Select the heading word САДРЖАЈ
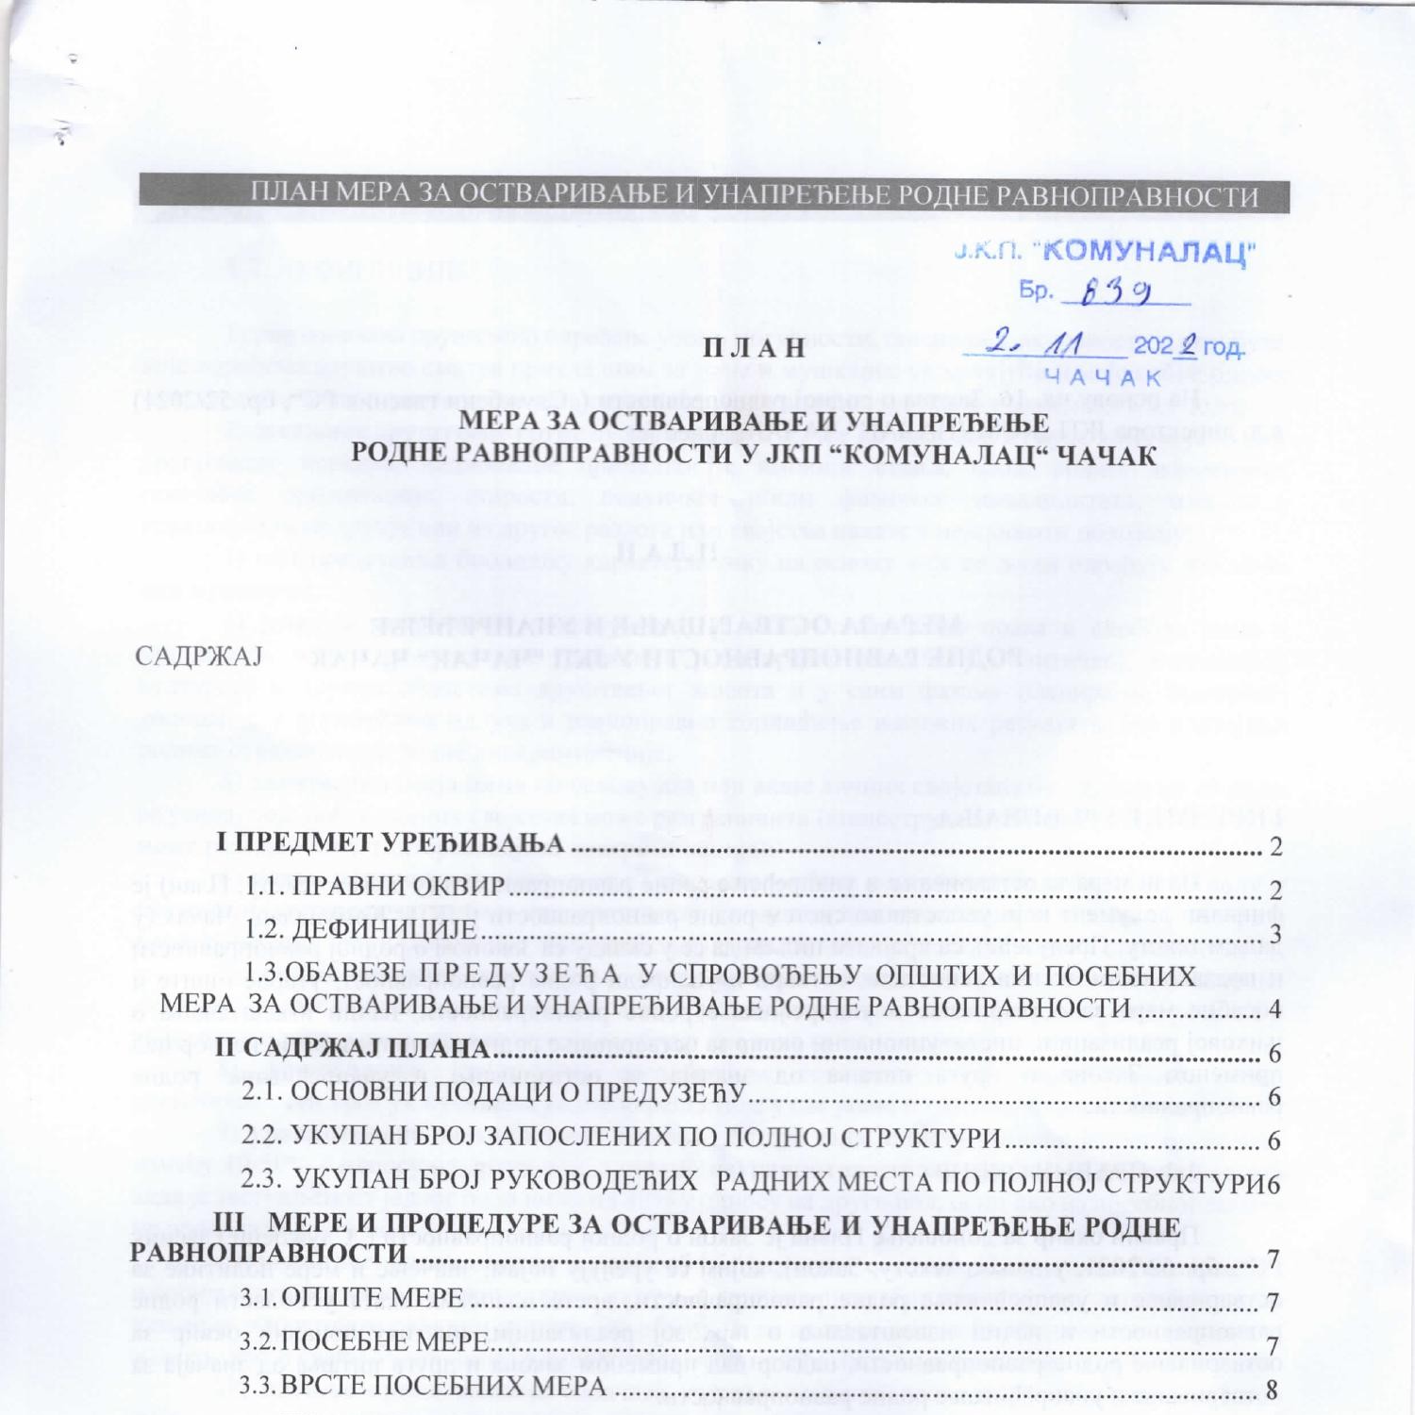(198, 656)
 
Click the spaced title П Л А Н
(755, 347)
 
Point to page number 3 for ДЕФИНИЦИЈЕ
(1275, 933)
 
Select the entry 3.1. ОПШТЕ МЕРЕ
(352, 1298)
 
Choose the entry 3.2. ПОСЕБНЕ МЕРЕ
(364, 1341)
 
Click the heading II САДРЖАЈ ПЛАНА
(352, 1048)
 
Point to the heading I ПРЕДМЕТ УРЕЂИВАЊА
(390, 842)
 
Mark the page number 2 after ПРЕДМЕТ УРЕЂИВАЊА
(1275, 846)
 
